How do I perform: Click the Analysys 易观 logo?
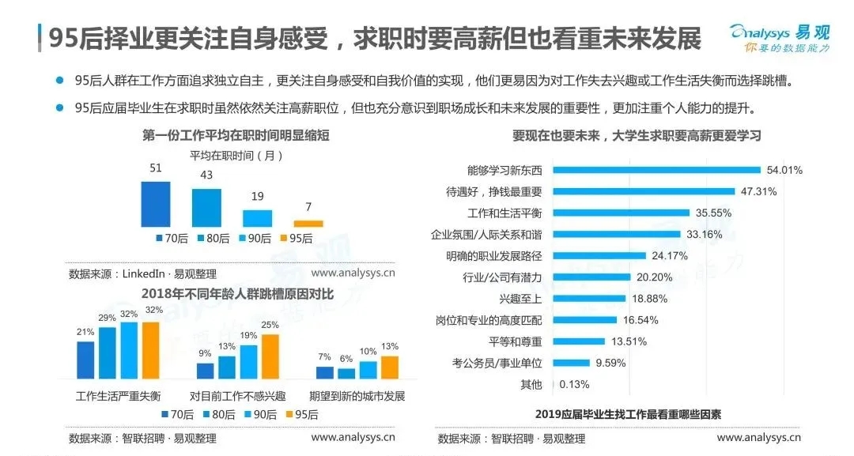tap(780, 39)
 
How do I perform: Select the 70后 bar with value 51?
tap(156, 204)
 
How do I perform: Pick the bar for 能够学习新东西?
tap(656, 170)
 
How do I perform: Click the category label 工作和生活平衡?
tap(504, 213)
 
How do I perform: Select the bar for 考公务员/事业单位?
tap(571, 364)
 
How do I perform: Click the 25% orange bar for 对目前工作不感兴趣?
tap(270, 356)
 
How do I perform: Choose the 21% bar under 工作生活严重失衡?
tap(85, 360)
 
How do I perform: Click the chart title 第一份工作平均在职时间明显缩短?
tap(236, 136)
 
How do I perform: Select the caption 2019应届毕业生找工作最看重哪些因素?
tap(628, 414)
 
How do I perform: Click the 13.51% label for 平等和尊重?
tap(629, 342)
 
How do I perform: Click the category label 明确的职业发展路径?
tap(494, 256)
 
